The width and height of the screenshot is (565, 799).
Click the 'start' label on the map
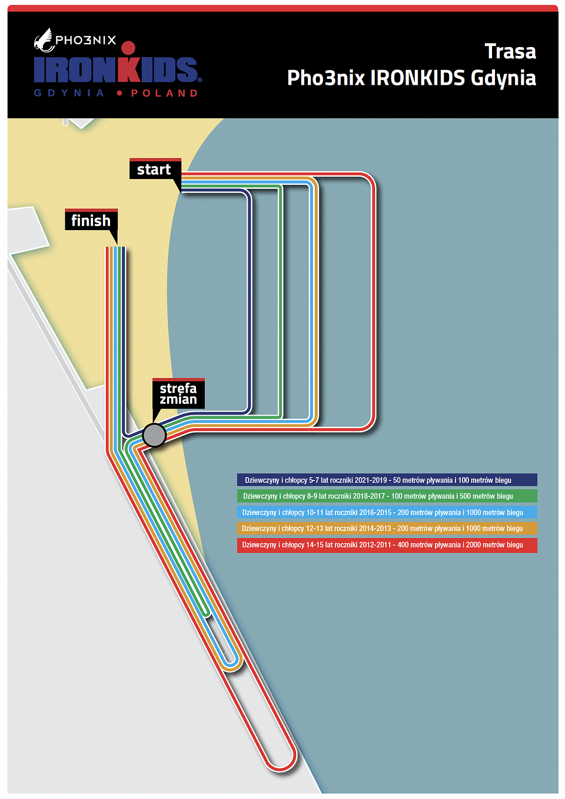(155, 169)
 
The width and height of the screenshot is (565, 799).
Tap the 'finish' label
(91, 220)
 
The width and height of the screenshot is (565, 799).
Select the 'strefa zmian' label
(178, 393)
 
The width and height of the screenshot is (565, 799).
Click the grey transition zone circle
(154, 435)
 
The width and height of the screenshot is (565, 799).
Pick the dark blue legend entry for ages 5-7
(387, 480)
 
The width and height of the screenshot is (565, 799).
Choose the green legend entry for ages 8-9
(387, 496)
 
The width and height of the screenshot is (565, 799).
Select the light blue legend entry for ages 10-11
(387, 512)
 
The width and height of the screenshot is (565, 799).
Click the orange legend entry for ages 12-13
(387, 528)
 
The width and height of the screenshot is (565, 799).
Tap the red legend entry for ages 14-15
(387, 545)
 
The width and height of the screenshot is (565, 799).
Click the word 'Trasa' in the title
(510, 51)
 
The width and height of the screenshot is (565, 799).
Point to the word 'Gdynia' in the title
(503, 78)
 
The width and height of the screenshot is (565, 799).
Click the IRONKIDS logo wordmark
(116, 69)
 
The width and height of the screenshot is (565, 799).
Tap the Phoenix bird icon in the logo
(44, 40)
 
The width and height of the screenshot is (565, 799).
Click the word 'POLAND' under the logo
(164, 93)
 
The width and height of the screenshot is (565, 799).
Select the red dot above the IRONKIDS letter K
(128, 48)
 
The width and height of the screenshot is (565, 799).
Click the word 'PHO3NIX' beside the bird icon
(85, 39)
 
